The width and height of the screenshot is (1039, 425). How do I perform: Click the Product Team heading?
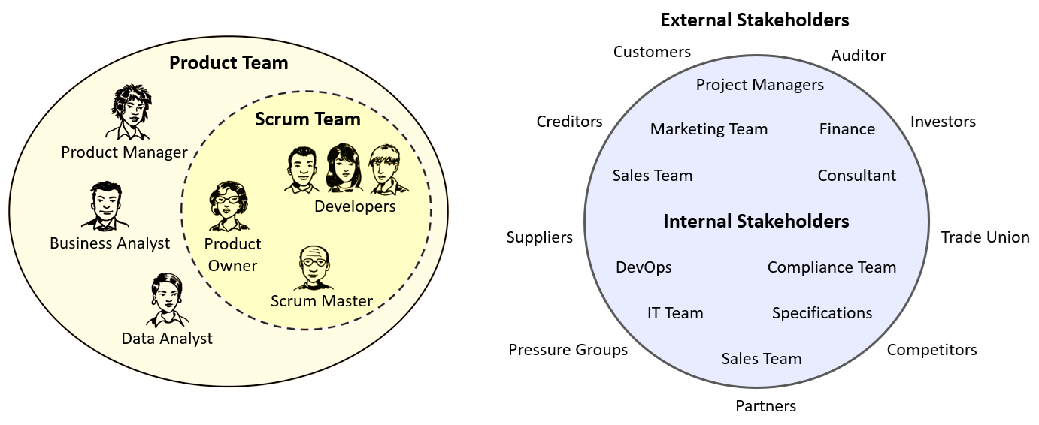coord(229,62)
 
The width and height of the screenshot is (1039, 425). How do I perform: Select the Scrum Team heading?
coord(307,119)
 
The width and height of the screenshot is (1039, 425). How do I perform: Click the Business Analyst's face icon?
coord(105,203)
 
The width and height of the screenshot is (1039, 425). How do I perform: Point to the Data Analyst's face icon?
coord(166,299)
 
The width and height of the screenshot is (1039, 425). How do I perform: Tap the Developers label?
coord(355,206)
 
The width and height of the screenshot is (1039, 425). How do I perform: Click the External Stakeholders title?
coord(754,20)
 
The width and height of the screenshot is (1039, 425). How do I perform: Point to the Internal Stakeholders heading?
coord(756,222)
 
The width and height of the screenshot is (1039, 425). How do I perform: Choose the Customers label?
coord(652,52)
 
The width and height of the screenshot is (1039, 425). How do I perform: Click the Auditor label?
coord(858,56)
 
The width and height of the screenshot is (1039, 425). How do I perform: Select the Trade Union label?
coord(985,237)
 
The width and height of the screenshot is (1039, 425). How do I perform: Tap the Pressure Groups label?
coord(568,350)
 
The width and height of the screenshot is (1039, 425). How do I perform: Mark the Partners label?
coord(765,406)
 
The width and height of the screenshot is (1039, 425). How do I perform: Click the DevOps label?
coord(644,267)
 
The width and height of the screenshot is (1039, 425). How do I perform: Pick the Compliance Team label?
coord(832,267)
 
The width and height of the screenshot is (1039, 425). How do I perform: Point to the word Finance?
coord(847,129)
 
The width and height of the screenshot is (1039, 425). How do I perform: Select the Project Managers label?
coord(759,85)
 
